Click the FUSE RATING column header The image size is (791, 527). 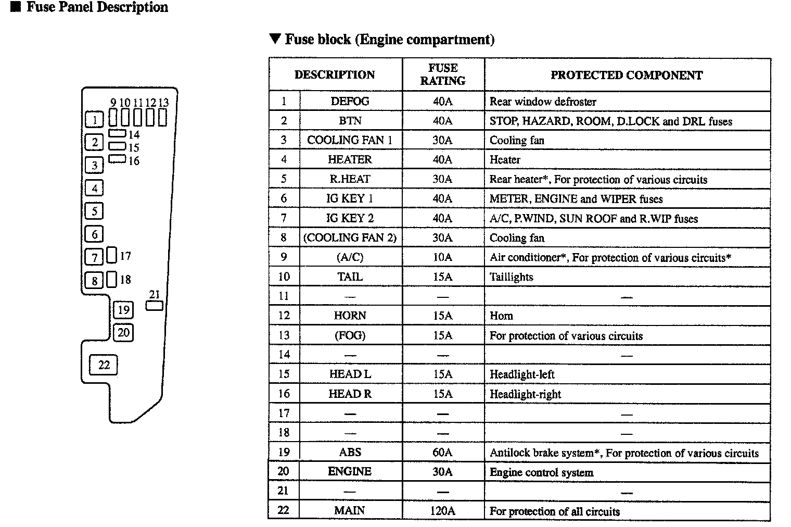coord(443,74)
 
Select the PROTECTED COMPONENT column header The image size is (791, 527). coord(627,75)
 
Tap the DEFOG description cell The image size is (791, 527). coord(350,101)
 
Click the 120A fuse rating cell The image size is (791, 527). coord(443,510)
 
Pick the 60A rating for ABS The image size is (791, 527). coord(443,452)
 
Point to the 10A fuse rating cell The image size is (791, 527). coord(443,257)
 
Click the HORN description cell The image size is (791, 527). coord(350,316)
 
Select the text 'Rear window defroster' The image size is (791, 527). coord(543,102)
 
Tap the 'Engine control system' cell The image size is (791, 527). coord(541,472)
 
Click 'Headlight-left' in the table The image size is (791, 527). coord(522,374)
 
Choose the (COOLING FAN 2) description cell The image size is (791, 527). coord(350,238)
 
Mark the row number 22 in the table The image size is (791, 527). coord(283,510)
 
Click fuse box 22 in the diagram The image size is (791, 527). coord(104,365)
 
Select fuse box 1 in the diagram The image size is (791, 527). coord(95,120)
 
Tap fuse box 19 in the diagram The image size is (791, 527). coord(123,310)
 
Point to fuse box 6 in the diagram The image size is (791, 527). coord(95,234)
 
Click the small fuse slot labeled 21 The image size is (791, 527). coord(155,306)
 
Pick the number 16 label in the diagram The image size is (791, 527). coord(134,161)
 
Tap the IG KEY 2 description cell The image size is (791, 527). coord(350,218)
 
